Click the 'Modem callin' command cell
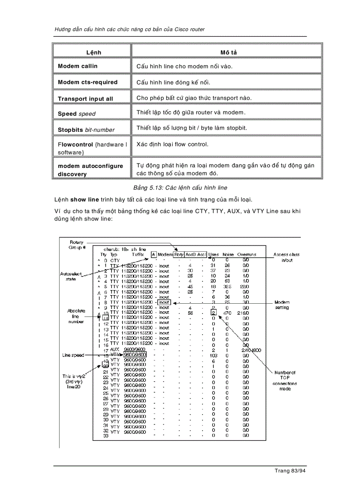pyautogui.click(x=78, y=66)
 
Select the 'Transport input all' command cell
pyautogui.click(x=85, y=99)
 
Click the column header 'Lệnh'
pyautogui.click(x=94, y=52)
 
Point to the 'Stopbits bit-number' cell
pyautogui.click(x=86, y=130)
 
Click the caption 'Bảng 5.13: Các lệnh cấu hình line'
pyautogui.click(x=180, y=188)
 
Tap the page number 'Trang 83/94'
pyautogui.click(x=290, y=471)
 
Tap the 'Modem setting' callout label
pyautogui.click(x=281, y=305)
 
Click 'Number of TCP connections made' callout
pyautogui.click(x=285, y=380)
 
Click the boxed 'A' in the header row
pyautogui.click(x=153, y=254)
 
